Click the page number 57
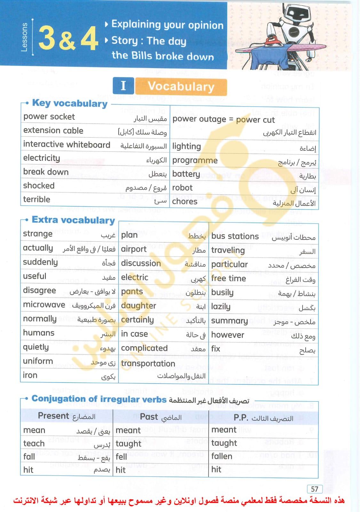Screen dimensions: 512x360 pyautogui.click(x=315, y=489)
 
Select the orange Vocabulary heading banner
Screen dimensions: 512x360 pyautogui.click(x=181, y=87)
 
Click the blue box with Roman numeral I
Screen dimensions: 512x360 pyautogui.click(x=123, y=86)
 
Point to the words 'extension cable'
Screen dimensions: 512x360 pyautogui.click(x=53, y=131)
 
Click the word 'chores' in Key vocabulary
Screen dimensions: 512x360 pyautogui.click(x=185, y=202)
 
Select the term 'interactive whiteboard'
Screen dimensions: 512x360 pyautogui.click(x=67, y=145)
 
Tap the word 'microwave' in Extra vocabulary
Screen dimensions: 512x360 pyautogui.click(x=44, y=305)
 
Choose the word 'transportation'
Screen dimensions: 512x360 pyautogui.click(x=148, y=364)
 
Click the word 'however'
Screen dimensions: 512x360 pyautogui.click(x=228, y=335)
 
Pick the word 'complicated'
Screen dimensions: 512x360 pyautogui.click(x=144, y=348)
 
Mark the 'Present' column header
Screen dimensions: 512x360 pyautogui.click(x=53, y=416)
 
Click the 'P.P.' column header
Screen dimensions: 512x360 pyautogui.click(x=241, y=418)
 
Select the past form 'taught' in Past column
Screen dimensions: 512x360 pyautogui.click(x=128, y=444)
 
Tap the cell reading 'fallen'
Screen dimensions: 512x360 pyautogui.click(x=222, y=456)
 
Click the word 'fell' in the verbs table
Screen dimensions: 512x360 pyautogui.click(x=121, y=457)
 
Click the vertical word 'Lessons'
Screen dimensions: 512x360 pyautogui.click(x=24, y=37)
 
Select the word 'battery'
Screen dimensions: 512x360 pyautogui.click(x=186, y=174)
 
